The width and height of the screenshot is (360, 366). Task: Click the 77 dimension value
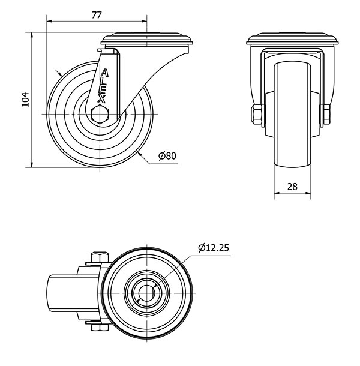(x=97, y=15)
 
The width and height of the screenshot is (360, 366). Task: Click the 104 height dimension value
(x=25, y=100)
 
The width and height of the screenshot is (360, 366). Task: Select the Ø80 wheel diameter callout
(x=167, y=155)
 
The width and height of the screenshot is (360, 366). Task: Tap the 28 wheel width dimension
(x=292, y=187)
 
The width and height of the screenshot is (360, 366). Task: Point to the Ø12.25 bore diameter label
(x=214, y=248)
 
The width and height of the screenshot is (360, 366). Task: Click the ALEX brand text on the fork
(x=103, y=86)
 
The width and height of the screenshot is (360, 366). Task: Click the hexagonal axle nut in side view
(x=100, y=114)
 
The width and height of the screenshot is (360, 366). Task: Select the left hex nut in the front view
(x=257, y=114)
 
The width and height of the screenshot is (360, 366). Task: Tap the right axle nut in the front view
(x=326, y=114)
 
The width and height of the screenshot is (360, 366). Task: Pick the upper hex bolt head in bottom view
(x=100, y=257)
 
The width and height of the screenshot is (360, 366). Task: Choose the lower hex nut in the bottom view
(x=100, y=328)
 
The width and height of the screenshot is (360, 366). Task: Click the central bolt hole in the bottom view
(x=146, y=293)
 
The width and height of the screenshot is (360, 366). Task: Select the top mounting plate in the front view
(x=292, y=39)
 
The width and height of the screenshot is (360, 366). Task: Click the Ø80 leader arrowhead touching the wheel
(x=140, y=154)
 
